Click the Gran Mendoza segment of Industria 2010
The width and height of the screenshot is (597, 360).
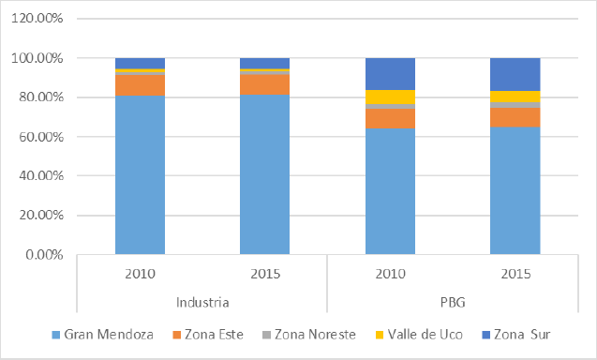point(140,174)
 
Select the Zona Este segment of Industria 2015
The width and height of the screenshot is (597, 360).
point(264,83)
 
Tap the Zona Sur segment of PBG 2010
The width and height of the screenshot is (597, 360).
point(390,74)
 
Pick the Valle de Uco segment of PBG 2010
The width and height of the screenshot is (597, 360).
point(390,97)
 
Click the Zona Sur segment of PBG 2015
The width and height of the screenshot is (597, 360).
point(515,74)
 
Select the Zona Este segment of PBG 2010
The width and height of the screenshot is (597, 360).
point(390,118)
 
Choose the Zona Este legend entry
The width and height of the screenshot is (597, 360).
point(205,335)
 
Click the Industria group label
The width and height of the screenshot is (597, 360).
point(201,302)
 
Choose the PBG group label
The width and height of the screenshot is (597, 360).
point(452,302)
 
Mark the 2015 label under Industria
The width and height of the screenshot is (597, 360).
point(264,275)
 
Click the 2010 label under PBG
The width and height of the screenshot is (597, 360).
point(390,275)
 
